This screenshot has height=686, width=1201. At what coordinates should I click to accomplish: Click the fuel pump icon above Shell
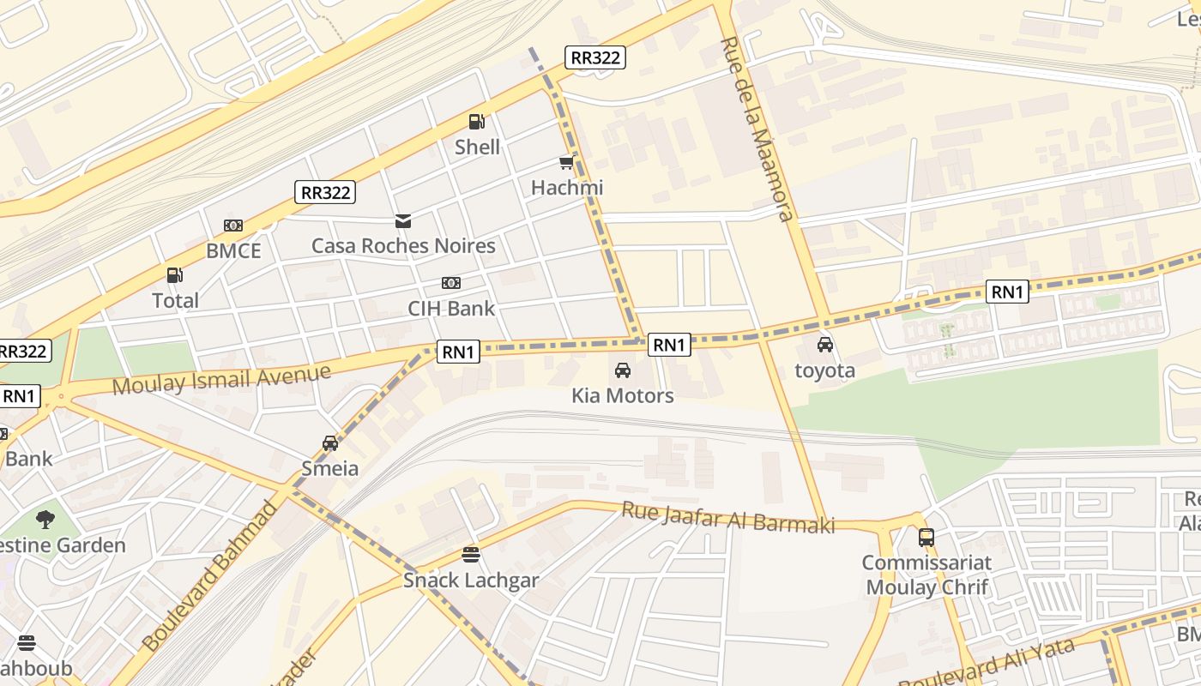pyautogui.click(x=476, y=122)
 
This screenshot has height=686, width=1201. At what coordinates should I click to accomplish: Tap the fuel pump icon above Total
pyautogui.click(x=174, y=275)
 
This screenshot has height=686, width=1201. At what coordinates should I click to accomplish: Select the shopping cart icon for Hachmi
pyautogui.click(x=566, y=163)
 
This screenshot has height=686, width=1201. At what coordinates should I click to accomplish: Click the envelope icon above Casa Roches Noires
pyautogui.click(x=402, y=221)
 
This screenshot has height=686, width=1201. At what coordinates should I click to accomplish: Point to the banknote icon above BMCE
pyautogui.click(x=232, y=226)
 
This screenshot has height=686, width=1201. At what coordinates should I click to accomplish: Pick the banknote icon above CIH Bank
pyautogui.click(x=450, y=283)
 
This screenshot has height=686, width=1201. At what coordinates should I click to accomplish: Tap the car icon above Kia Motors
pyautogui.click(x=623, y=370)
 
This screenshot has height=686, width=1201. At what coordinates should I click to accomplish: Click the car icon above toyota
pyautogui.click(x=824, y=345)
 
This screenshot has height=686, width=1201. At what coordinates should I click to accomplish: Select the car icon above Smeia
pyautogui.click(x=330, y=443)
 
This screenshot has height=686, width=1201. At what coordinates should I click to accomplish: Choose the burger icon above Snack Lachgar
pyautogui.click(x=470, y=555)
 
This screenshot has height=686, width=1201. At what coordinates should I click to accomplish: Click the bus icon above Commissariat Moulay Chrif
pyautogui.click(x=926, y=538)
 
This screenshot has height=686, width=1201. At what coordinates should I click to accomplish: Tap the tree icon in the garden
pyautogui.click(x=45, y=519)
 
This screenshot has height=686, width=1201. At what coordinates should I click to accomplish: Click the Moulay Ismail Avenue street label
pyautogui.click(x=221, y=380)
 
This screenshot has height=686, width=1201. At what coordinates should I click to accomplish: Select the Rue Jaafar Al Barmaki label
pyautogui.click(x=727, y=518)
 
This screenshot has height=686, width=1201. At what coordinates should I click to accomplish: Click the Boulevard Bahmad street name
pyautogui.click(x=210, y=576)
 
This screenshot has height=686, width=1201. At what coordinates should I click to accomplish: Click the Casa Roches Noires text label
pyautogui.click(x=403, y=246)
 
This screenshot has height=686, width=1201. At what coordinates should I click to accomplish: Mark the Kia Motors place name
pyautogui.click(x=623, y=395)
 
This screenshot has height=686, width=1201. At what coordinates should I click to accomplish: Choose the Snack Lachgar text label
pyautogui.click(x=471, y=581)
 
